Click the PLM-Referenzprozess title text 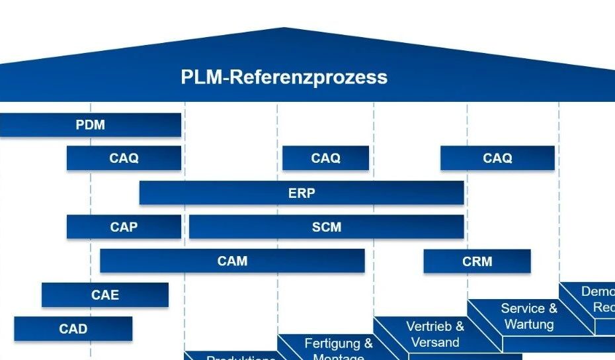[284, 77]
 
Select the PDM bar [91, 124]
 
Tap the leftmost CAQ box [124, 158]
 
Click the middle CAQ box [325, 158]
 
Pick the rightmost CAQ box [497, 158]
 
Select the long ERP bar [302, 193]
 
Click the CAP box [124, 227]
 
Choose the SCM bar [326, 227]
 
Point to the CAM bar [232, 261]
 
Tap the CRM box [477, 261]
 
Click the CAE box [105, 295]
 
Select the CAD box [73, 329]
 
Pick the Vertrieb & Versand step [435, 334]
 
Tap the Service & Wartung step [529, 316]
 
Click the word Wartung [529, 324]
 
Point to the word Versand [435, 343]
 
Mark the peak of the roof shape [284, 29]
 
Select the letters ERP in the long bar [302, 193]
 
